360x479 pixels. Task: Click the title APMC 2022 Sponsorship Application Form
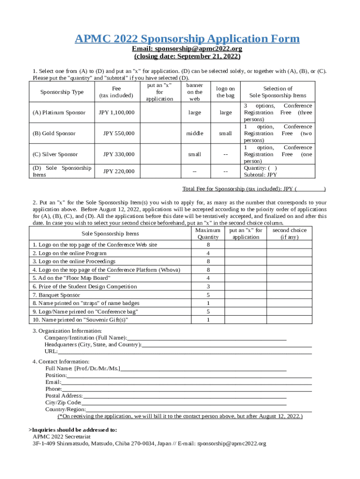click(187, 39)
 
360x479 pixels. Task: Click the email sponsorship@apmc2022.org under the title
click(187, 49)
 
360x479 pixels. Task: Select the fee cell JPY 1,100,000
click(117, 113)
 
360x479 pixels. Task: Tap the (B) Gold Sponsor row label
click(54, 134)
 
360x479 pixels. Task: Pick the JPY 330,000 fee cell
click(119, 154)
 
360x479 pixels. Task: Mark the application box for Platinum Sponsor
click(159, 113)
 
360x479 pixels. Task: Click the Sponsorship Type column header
click(62, 92)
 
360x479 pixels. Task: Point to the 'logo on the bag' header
click(225, 92)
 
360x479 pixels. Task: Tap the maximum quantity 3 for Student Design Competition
click(208, 287)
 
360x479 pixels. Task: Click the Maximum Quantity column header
click(208, 234)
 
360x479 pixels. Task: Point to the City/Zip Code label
click(63, 403)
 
